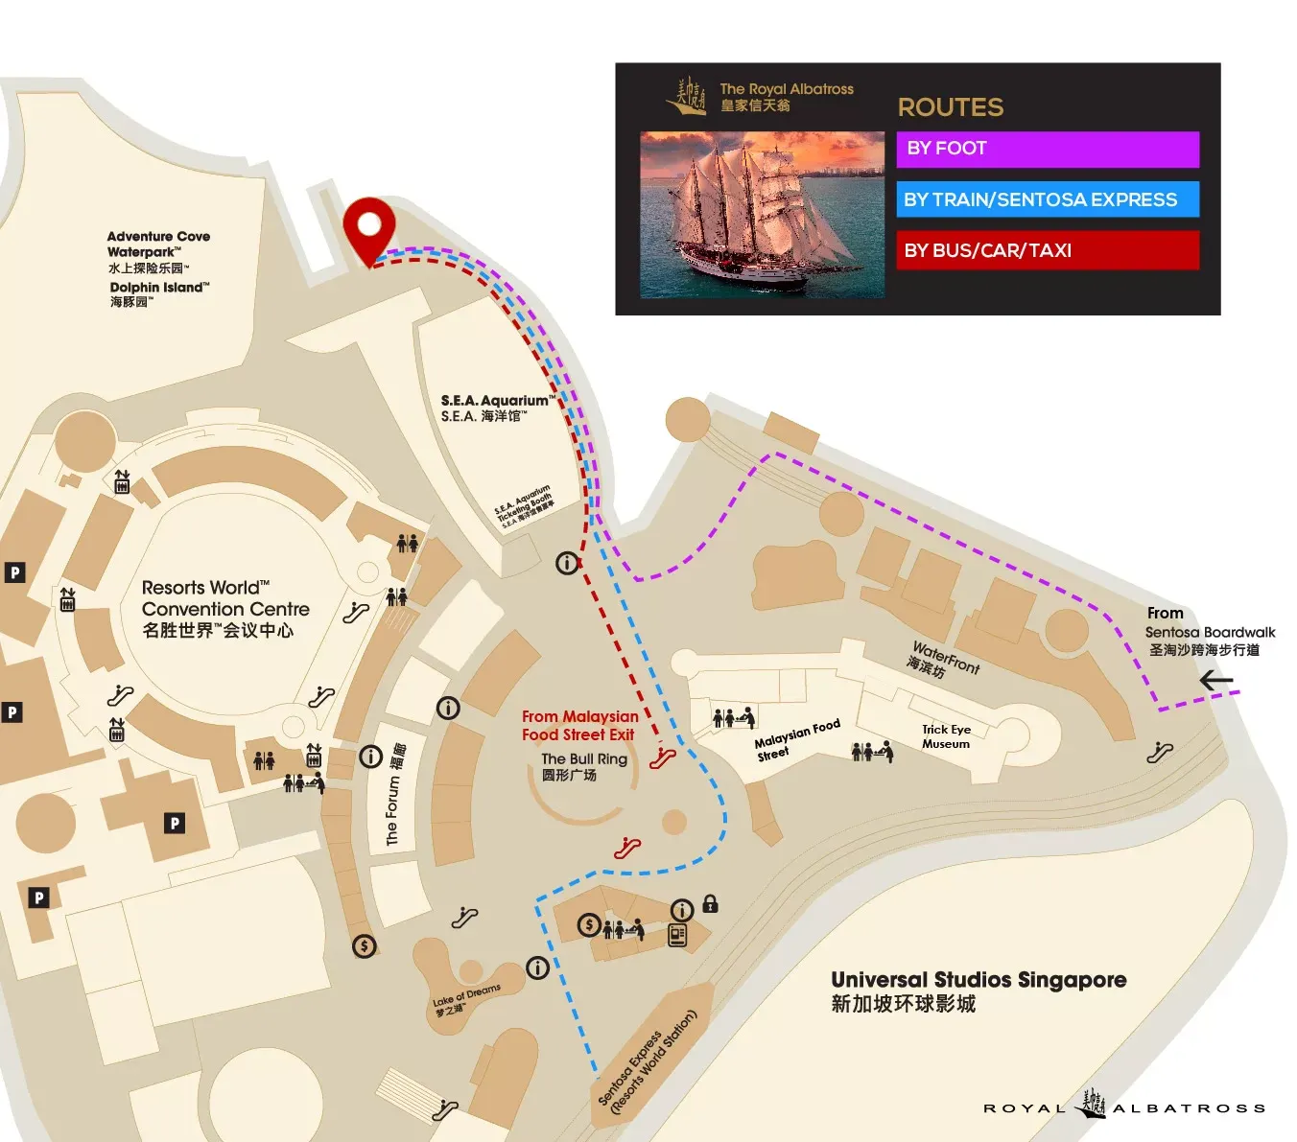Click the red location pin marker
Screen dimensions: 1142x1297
pyautogui.click(x=369, y=226)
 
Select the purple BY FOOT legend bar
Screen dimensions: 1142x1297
pyautogui.click(x=1048, y=149)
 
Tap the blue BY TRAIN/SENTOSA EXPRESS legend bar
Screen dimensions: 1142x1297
pyautogui.click(x=1048, y=199)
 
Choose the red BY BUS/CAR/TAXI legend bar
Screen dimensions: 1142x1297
pyautogui.click(x=1048, y=250)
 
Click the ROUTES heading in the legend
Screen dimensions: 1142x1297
pyautogui.click(x=950, y=107)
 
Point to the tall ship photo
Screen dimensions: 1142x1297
pyautogui.click(x=762, y=214)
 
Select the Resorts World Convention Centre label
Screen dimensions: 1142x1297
pyautogui.click(x=224, y=609)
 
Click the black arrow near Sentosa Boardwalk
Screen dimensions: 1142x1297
pyautogui.click(x=1215, y=681)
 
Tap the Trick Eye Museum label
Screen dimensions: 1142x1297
pyautogui.click(x=946, y=736)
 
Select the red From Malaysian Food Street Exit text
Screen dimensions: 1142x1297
pyautogui.click(x=579, y=726)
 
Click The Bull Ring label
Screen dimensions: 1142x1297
pyautogui.click(x=583, y=765)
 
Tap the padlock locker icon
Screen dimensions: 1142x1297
pyautogui.click(x=710, y=903)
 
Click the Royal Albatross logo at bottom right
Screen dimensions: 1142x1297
pyautogui.click(x=1124, y=1107)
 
